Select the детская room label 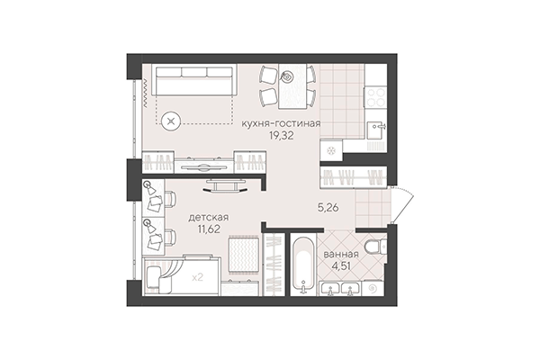pyautogui.click(x=208, y=217)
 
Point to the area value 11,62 pyautogui.click(x=208, y=230)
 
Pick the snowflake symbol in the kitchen pyautogui.click(x=331, y=149)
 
